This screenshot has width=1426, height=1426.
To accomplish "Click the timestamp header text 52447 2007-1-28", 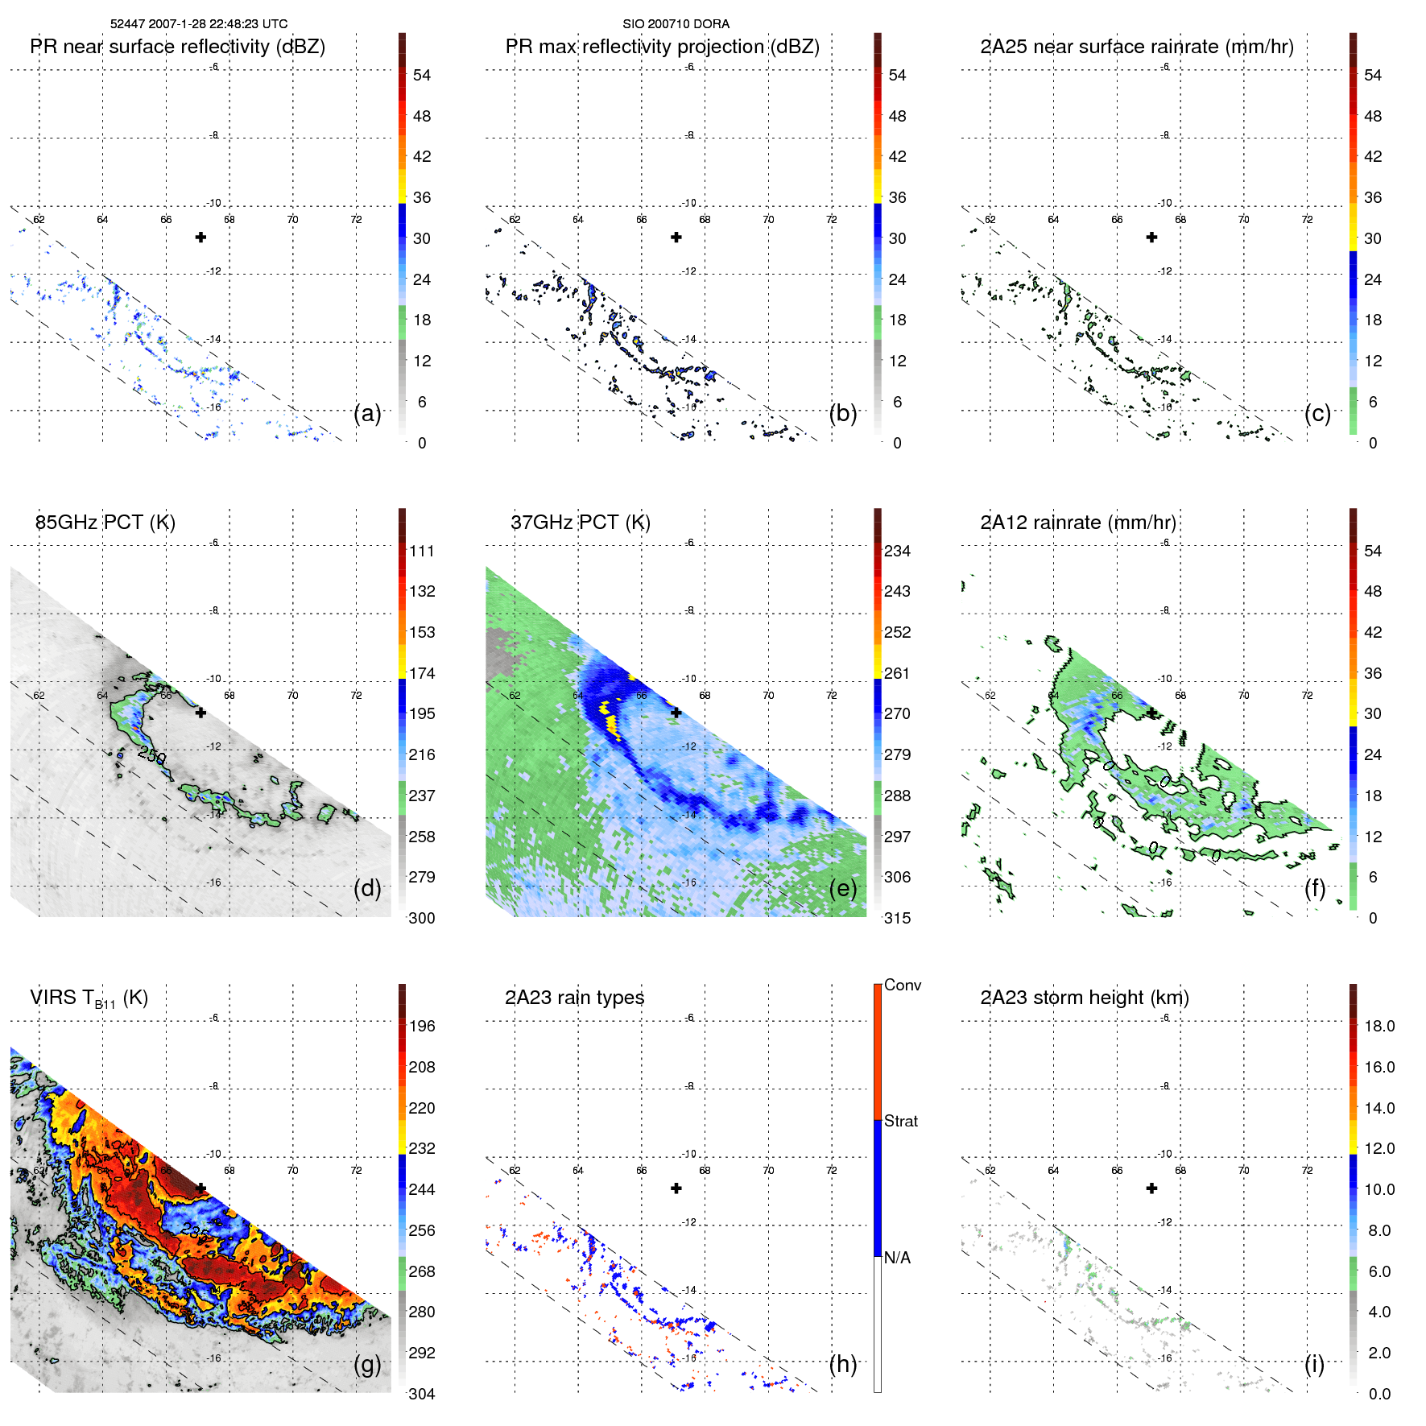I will tap(198, 24).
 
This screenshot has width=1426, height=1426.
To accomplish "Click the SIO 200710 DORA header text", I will tap(676, 24).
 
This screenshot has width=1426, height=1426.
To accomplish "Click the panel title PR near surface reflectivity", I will tap(177, 47).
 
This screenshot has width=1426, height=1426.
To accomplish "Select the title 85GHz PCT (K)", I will tap(105, 523).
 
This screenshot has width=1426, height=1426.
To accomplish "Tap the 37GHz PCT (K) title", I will tap(580, 523).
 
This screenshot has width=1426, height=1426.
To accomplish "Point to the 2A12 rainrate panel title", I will tap(1078, 523).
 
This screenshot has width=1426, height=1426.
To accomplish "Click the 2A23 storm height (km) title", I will tap(1084, 998).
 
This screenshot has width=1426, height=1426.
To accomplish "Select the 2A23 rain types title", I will tap(574, 998).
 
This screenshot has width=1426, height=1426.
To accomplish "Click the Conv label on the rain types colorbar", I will tap(903, 985).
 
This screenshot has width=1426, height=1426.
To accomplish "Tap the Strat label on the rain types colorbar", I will tap(901, 1121).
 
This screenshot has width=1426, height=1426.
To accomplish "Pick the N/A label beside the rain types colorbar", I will tap(897, 1258).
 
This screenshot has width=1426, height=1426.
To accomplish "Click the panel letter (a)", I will tap(367, 413).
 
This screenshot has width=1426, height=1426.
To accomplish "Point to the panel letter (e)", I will tap(842, 888).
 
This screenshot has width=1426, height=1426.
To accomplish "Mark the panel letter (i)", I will tap(1314, 1364).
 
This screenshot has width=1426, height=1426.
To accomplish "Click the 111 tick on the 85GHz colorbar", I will tap(422, 551).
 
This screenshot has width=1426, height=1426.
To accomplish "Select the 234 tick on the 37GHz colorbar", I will tap(897, 551).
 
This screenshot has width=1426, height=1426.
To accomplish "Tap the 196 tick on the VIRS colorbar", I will tap(422, 1026).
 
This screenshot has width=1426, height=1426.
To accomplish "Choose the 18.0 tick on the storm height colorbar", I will tap(1379, 1026).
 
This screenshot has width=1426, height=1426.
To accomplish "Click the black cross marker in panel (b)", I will tap(676, 238).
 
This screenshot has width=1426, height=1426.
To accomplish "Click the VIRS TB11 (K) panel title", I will tap(89, 998).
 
